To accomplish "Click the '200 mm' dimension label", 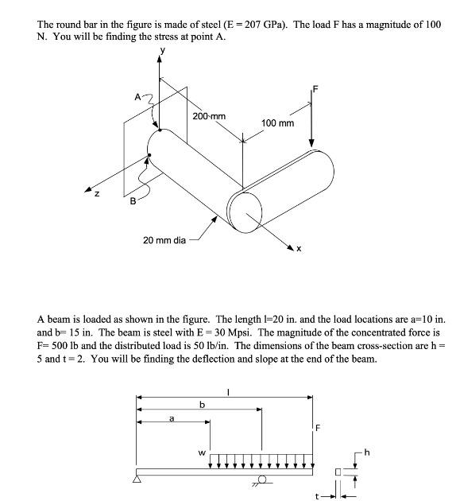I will [209, 116].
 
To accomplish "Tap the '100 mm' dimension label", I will [277, 123].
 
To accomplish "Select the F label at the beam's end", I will [319, 428].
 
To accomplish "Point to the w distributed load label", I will [201, 455].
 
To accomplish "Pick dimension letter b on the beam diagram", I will [202, 404].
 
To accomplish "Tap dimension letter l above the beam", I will [228, 390].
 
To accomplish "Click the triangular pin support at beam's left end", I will [137, 479].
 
